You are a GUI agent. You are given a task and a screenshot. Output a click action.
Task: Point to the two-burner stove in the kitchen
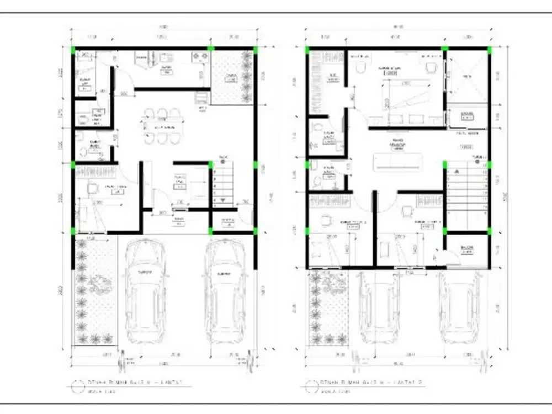[197, 56]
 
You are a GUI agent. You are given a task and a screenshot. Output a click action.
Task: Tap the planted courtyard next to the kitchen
[233, 77]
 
